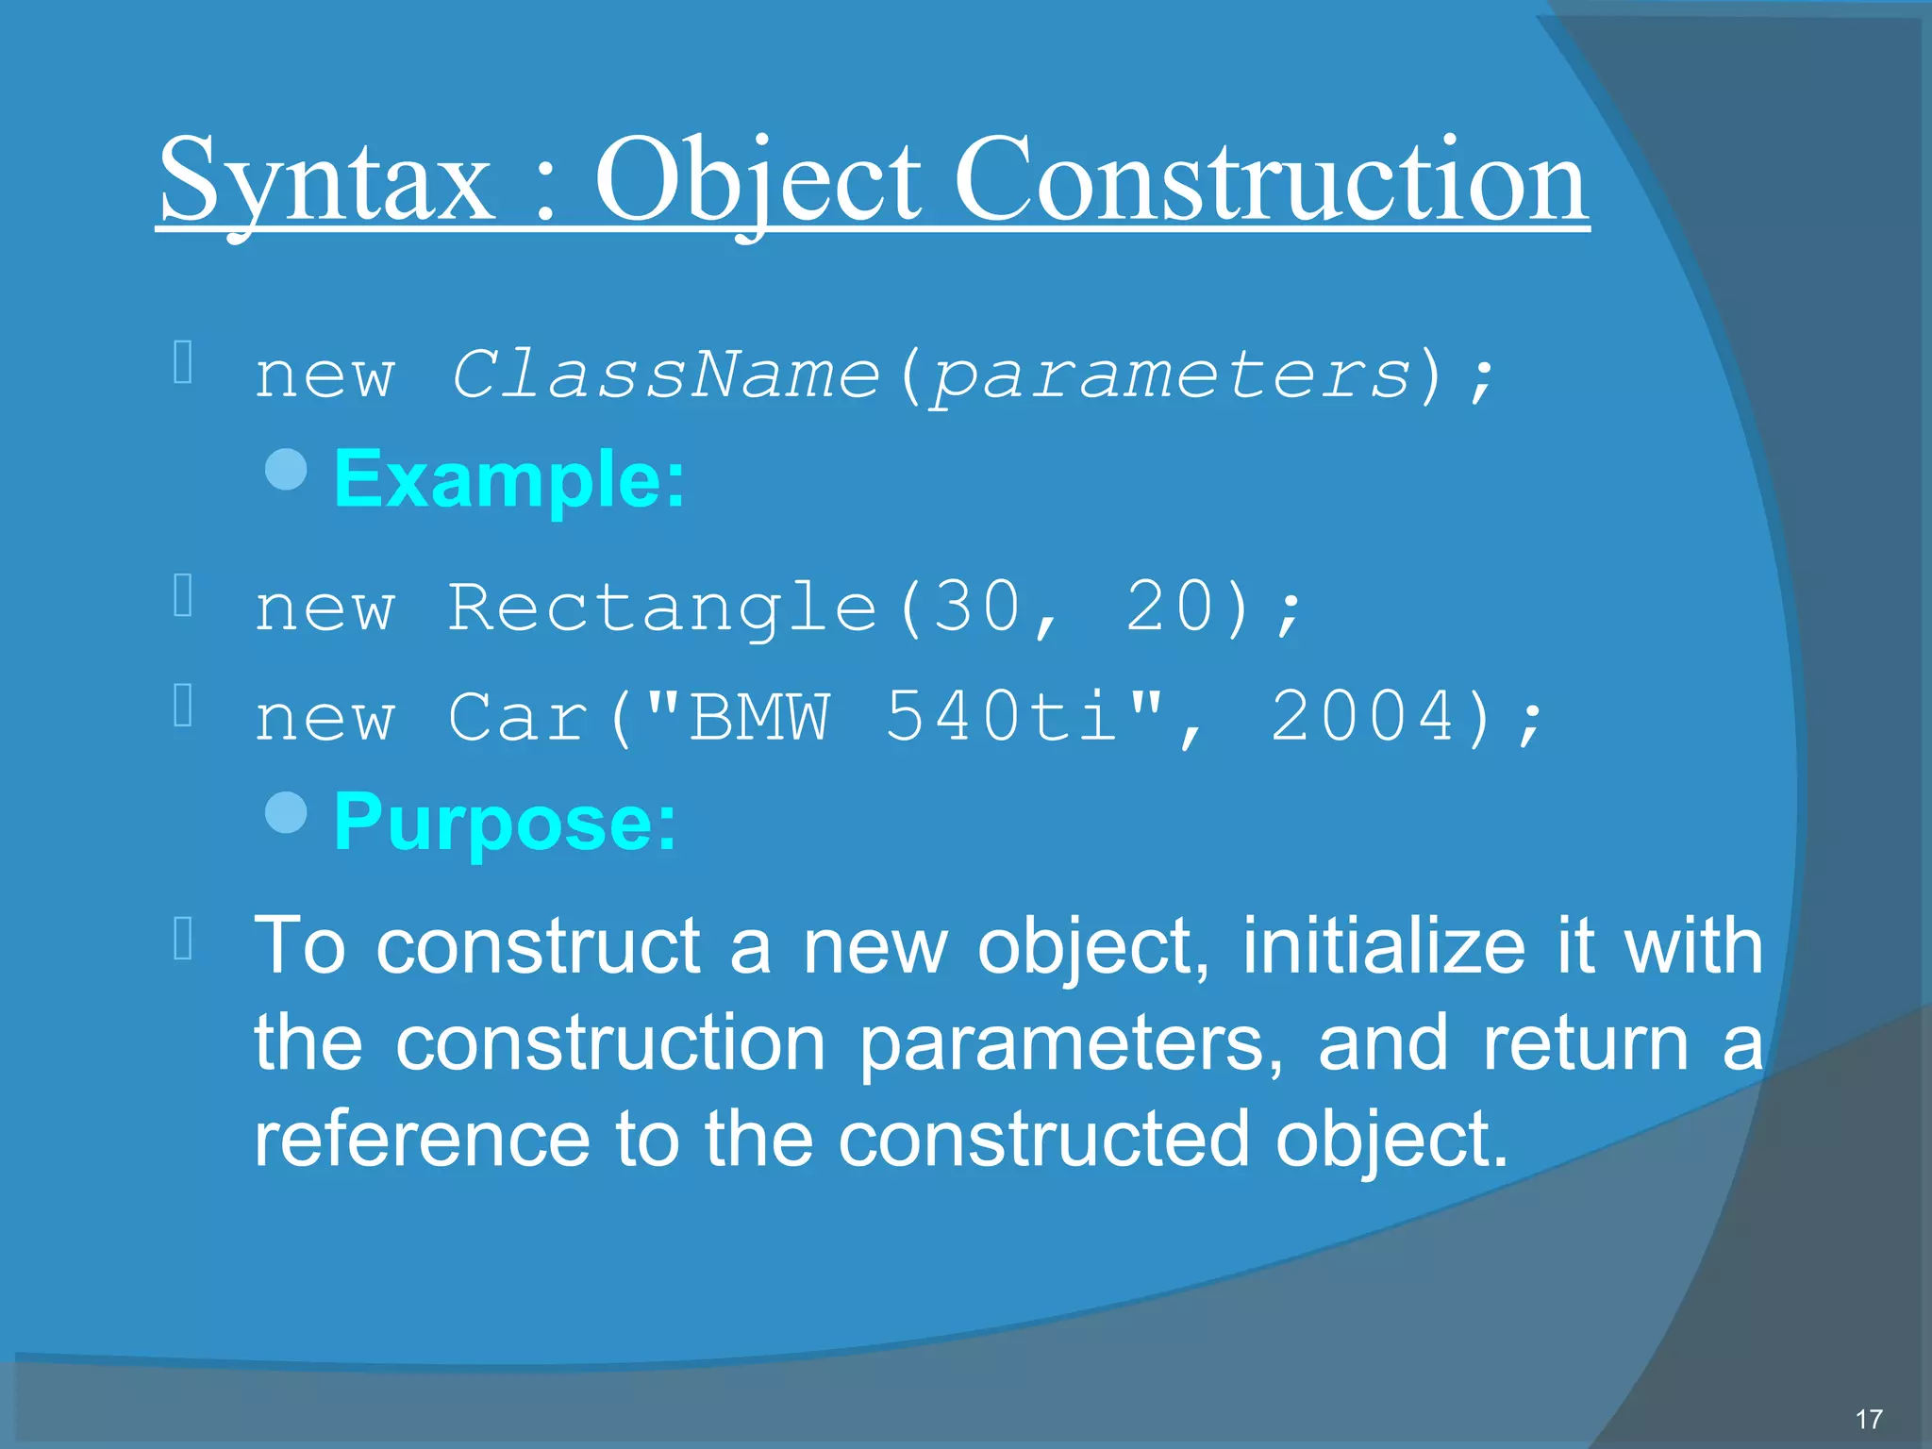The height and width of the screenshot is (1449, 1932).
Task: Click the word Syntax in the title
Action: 325,181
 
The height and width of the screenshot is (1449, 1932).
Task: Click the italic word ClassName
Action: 665,375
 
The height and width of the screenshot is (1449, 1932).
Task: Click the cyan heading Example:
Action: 509,479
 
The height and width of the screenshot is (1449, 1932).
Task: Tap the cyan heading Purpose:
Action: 506,822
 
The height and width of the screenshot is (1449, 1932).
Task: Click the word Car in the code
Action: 518,717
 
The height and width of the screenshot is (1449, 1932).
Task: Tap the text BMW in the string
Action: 759,717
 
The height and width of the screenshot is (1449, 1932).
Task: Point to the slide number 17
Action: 1868,1419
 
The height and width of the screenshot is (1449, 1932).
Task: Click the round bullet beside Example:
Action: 287,470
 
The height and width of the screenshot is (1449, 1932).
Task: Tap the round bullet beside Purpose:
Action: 287,812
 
